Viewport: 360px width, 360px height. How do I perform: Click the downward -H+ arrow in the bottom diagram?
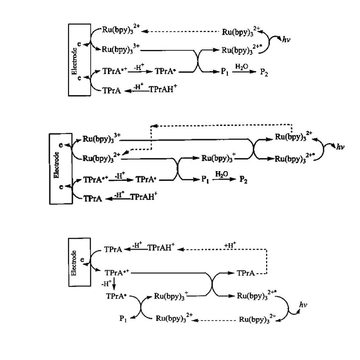tap(110, 282)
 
